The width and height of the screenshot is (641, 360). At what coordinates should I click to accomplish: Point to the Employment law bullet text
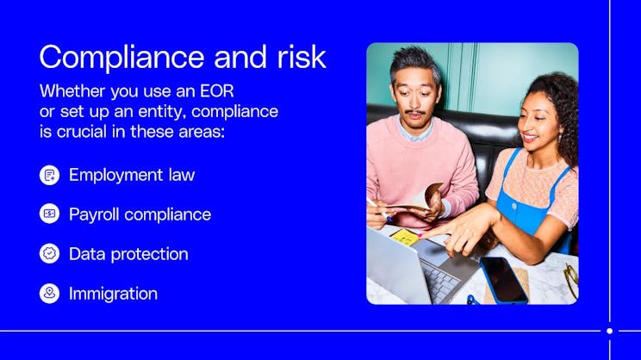(x=132, y=175)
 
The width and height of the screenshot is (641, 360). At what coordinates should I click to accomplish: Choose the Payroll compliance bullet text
(x=140, y=214)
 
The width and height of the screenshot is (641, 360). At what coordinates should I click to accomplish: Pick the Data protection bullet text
(x=128, y=254)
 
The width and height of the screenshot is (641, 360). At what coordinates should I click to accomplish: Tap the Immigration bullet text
(x=113, y=294)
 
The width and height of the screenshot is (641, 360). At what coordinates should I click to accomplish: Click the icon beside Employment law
(x=50, y=175)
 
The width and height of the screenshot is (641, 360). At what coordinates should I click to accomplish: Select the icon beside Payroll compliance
(x=50, y=214)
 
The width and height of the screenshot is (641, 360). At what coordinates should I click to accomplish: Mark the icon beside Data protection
(x=50, y=254)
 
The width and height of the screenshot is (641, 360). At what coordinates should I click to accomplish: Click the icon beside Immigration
(x=50, y=294)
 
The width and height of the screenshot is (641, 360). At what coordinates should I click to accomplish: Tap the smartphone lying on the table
(x=504, y=280)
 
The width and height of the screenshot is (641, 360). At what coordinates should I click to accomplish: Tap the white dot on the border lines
(x=609, y=331)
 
